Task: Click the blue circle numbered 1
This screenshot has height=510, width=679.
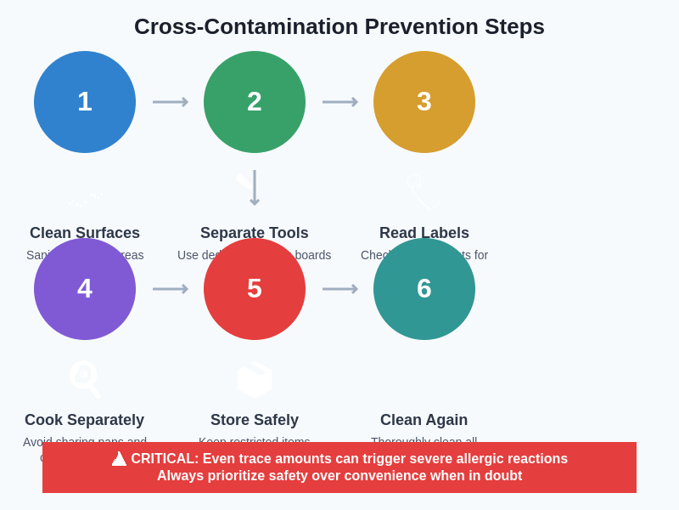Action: (85, 102)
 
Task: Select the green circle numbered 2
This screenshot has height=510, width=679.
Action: (255, 102)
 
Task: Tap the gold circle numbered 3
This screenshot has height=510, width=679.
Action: (424, 102)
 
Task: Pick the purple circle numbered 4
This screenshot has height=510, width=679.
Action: (85, 289)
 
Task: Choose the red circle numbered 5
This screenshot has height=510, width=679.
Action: (255, 289)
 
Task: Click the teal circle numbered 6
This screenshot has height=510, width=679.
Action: (424, 289)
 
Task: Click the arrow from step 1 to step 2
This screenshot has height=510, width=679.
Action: (170, 102)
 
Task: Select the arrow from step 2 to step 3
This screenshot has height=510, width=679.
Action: (339, 102)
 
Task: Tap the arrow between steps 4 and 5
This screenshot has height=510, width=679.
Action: (170, 289)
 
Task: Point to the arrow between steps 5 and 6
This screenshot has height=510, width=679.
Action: (339, 289)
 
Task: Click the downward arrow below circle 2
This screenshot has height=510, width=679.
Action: (255, 188)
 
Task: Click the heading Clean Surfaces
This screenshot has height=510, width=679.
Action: (85, 233)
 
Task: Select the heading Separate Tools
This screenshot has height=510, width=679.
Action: (255, 233)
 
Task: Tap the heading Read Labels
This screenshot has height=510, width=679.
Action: (424, 233)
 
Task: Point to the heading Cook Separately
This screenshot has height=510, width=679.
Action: (85, 420)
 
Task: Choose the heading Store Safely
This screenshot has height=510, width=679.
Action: (255, 420)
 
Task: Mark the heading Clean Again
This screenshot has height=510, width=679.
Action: (424, 420)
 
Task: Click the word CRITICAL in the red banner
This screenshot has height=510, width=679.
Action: (164, 459)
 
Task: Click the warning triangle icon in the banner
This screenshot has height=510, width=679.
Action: (119, 459)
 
